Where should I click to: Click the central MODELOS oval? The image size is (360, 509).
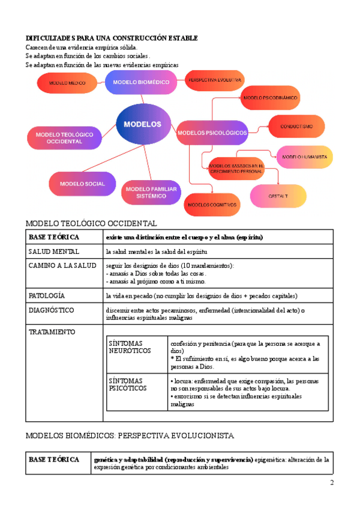143,124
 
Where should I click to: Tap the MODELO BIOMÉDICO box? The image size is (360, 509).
142,82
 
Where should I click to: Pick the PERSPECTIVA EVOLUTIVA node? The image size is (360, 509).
214,80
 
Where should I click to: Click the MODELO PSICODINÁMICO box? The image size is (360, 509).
271,97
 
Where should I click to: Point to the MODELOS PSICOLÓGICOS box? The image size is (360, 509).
213,132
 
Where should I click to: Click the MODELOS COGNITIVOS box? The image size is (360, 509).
212,205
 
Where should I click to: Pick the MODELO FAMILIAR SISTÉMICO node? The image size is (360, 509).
151,192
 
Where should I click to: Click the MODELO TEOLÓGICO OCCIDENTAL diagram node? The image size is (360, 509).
64,138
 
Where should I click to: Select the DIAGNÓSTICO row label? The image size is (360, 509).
52,310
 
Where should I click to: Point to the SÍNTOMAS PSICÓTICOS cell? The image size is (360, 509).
127,385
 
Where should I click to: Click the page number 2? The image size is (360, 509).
331,483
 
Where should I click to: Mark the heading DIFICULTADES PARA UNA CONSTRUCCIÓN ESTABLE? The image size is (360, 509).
112,38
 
